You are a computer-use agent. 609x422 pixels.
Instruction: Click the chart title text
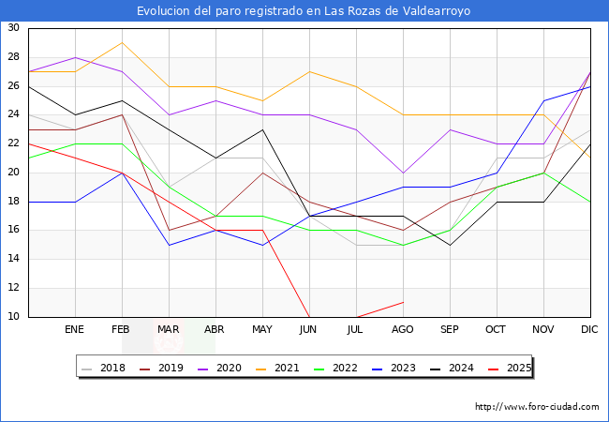304,11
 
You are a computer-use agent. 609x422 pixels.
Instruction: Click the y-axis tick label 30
13,28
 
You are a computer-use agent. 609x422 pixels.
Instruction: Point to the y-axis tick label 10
13,317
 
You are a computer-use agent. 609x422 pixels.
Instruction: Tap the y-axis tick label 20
13,173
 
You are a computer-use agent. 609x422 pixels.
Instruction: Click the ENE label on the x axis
74,330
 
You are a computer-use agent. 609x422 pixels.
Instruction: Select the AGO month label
403,330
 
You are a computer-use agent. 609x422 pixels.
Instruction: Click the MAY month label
262,330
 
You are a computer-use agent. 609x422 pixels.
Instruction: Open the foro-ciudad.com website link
537,407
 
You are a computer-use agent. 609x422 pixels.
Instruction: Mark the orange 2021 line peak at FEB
122,43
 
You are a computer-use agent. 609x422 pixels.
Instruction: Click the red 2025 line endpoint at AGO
403,302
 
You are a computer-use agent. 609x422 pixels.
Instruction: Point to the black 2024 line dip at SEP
450,245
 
